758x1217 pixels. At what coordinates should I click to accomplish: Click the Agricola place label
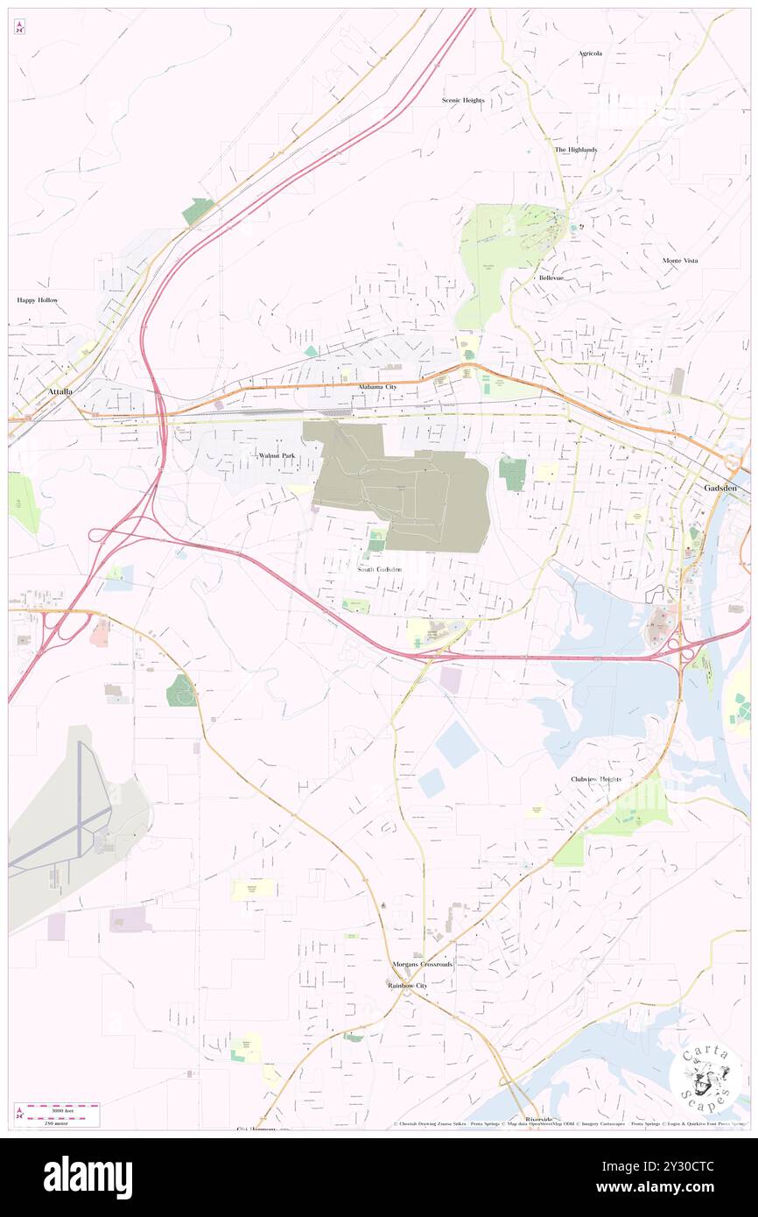click(590, 53)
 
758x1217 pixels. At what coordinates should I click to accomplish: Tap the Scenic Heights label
click(463, 101)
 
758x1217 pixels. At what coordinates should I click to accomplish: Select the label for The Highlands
click(576, 150)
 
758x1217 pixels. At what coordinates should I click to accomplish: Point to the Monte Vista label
click(680, 261)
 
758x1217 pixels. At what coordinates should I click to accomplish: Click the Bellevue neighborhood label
click(551, 278)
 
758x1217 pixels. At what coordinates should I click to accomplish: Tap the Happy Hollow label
click(38, 300)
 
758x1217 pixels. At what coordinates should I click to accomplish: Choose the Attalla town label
click(60, 390)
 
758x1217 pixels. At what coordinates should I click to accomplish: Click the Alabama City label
click(377, 386)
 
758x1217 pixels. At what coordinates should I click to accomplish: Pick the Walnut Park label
click(277, 456)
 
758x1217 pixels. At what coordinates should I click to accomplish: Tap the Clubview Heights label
click(596, 779)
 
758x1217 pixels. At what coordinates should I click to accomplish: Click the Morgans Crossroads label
click(423, 964)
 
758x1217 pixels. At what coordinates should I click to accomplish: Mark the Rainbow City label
click(407, 985)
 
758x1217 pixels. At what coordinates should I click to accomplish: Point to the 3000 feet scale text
click(64, 1108)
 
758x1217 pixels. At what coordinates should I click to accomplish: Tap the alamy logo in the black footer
click(88, 1178)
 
